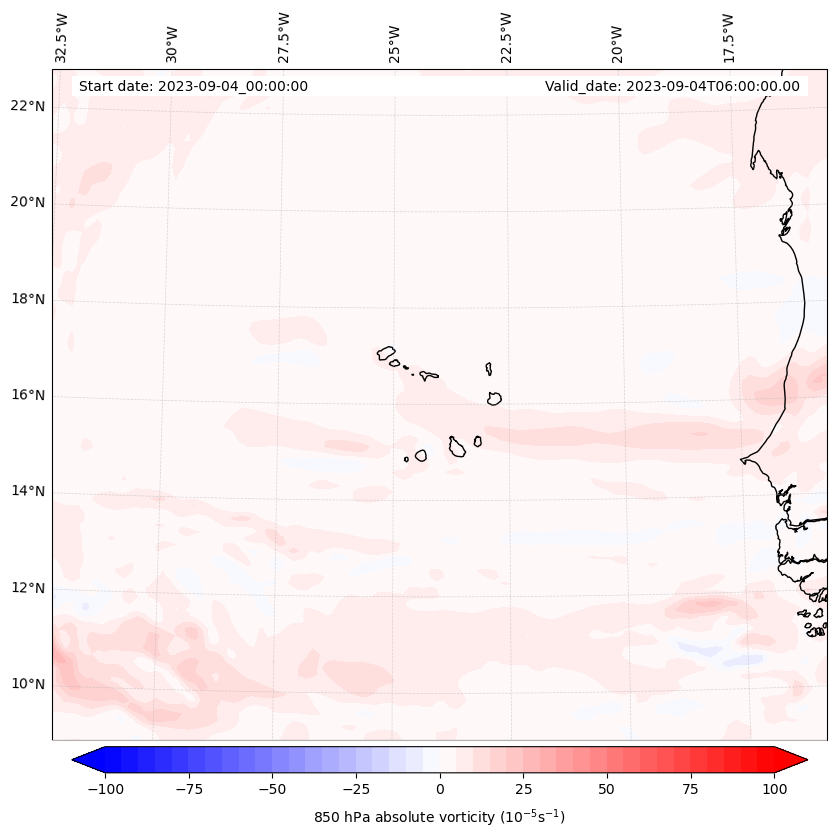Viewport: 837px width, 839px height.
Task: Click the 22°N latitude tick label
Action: [28, 106]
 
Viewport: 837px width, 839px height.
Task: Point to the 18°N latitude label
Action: [28, 299]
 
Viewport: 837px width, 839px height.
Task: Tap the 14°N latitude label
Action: [28, 491]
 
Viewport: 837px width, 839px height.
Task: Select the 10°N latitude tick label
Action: [28, 684]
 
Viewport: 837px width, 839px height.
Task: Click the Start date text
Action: [193, 86]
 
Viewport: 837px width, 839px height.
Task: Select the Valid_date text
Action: [672, 86]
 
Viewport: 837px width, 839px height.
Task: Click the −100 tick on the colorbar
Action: [105, 789]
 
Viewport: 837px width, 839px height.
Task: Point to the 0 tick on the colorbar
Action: [440, 789]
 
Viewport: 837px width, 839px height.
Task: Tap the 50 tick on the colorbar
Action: [607, 789]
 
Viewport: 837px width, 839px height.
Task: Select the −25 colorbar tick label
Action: [356, 789]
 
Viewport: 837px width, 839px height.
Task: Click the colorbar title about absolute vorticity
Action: [439, 817]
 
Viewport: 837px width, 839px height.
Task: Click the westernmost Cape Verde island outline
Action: [386, 353]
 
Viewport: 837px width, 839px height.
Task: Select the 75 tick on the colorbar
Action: [691, 789]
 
